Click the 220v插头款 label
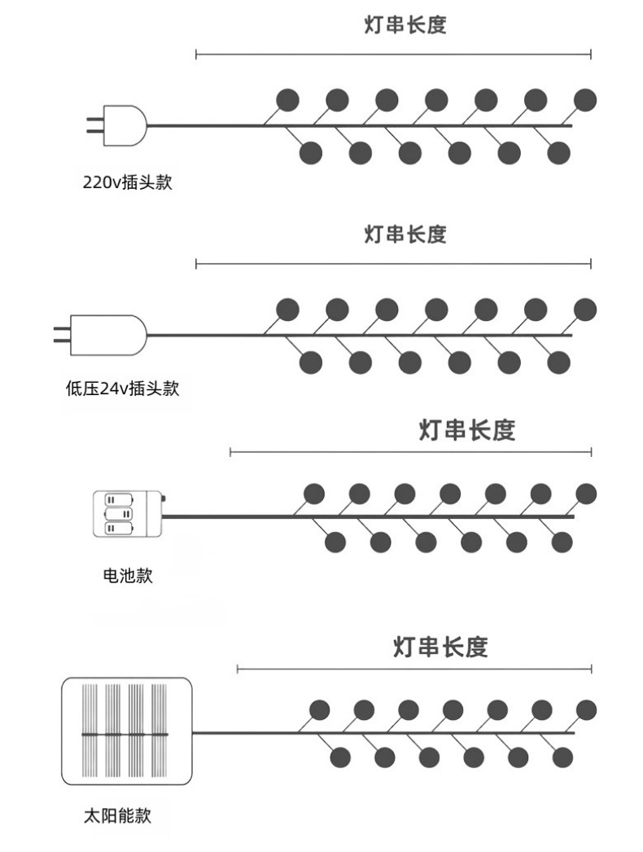pos(128,182)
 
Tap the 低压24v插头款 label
pos(122,389)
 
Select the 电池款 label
pos(128,575)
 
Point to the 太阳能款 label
pos(118,815)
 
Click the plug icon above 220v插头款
pos(116,125)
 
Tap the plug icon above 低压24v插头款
pos(100,335)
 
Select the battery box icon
pos(128,514)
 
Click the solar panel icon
pos(126,731)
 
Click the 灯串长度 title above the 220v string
pos(405,25)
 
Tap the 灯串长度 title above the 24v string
pos(405,235)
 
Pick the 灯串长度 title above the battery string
pos(467,430)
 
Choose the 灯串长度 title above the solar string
pos(440,648)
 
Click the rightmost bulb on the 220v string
pos(585,100)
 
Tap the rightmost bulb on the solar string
pos(586,709)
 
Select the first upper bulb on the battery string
pos(314,494)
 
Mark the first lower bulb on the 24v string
pos(311,362)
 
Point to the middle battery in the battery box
pos(119,514)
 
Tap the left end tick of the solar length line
pos(238,669)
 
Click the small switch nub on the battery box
pos(163,498)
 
